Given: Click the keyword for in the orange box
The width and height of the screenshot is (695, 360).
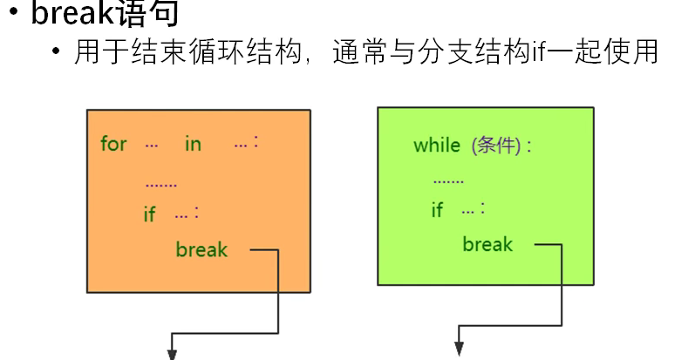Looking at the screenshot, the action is pos(113,144).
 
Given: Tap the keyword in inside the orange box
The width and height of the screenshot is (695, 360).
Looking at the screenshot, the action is pos(192,144).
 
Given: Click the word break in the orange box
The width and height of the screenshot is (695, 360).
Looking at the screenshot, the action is pos(201,250).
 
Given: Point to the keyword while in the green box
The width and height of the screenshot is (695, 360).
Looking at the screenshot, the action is pos(436,145).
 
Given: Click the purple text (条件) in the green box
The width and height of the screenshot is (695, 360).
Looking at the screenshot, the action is pos(498,146).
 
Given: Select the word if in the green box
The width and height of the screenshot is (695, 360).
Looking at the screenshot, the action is pos(437,209).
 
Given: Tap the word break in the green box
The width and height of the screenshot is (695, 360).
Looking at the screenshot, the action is pos(487,244).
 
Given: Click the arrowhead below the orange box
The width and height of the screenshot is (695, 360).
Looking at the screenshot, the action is pos(171,351).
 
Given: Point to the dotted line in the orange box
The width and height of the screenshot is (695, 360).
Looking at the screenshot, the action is pos(160,185).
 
